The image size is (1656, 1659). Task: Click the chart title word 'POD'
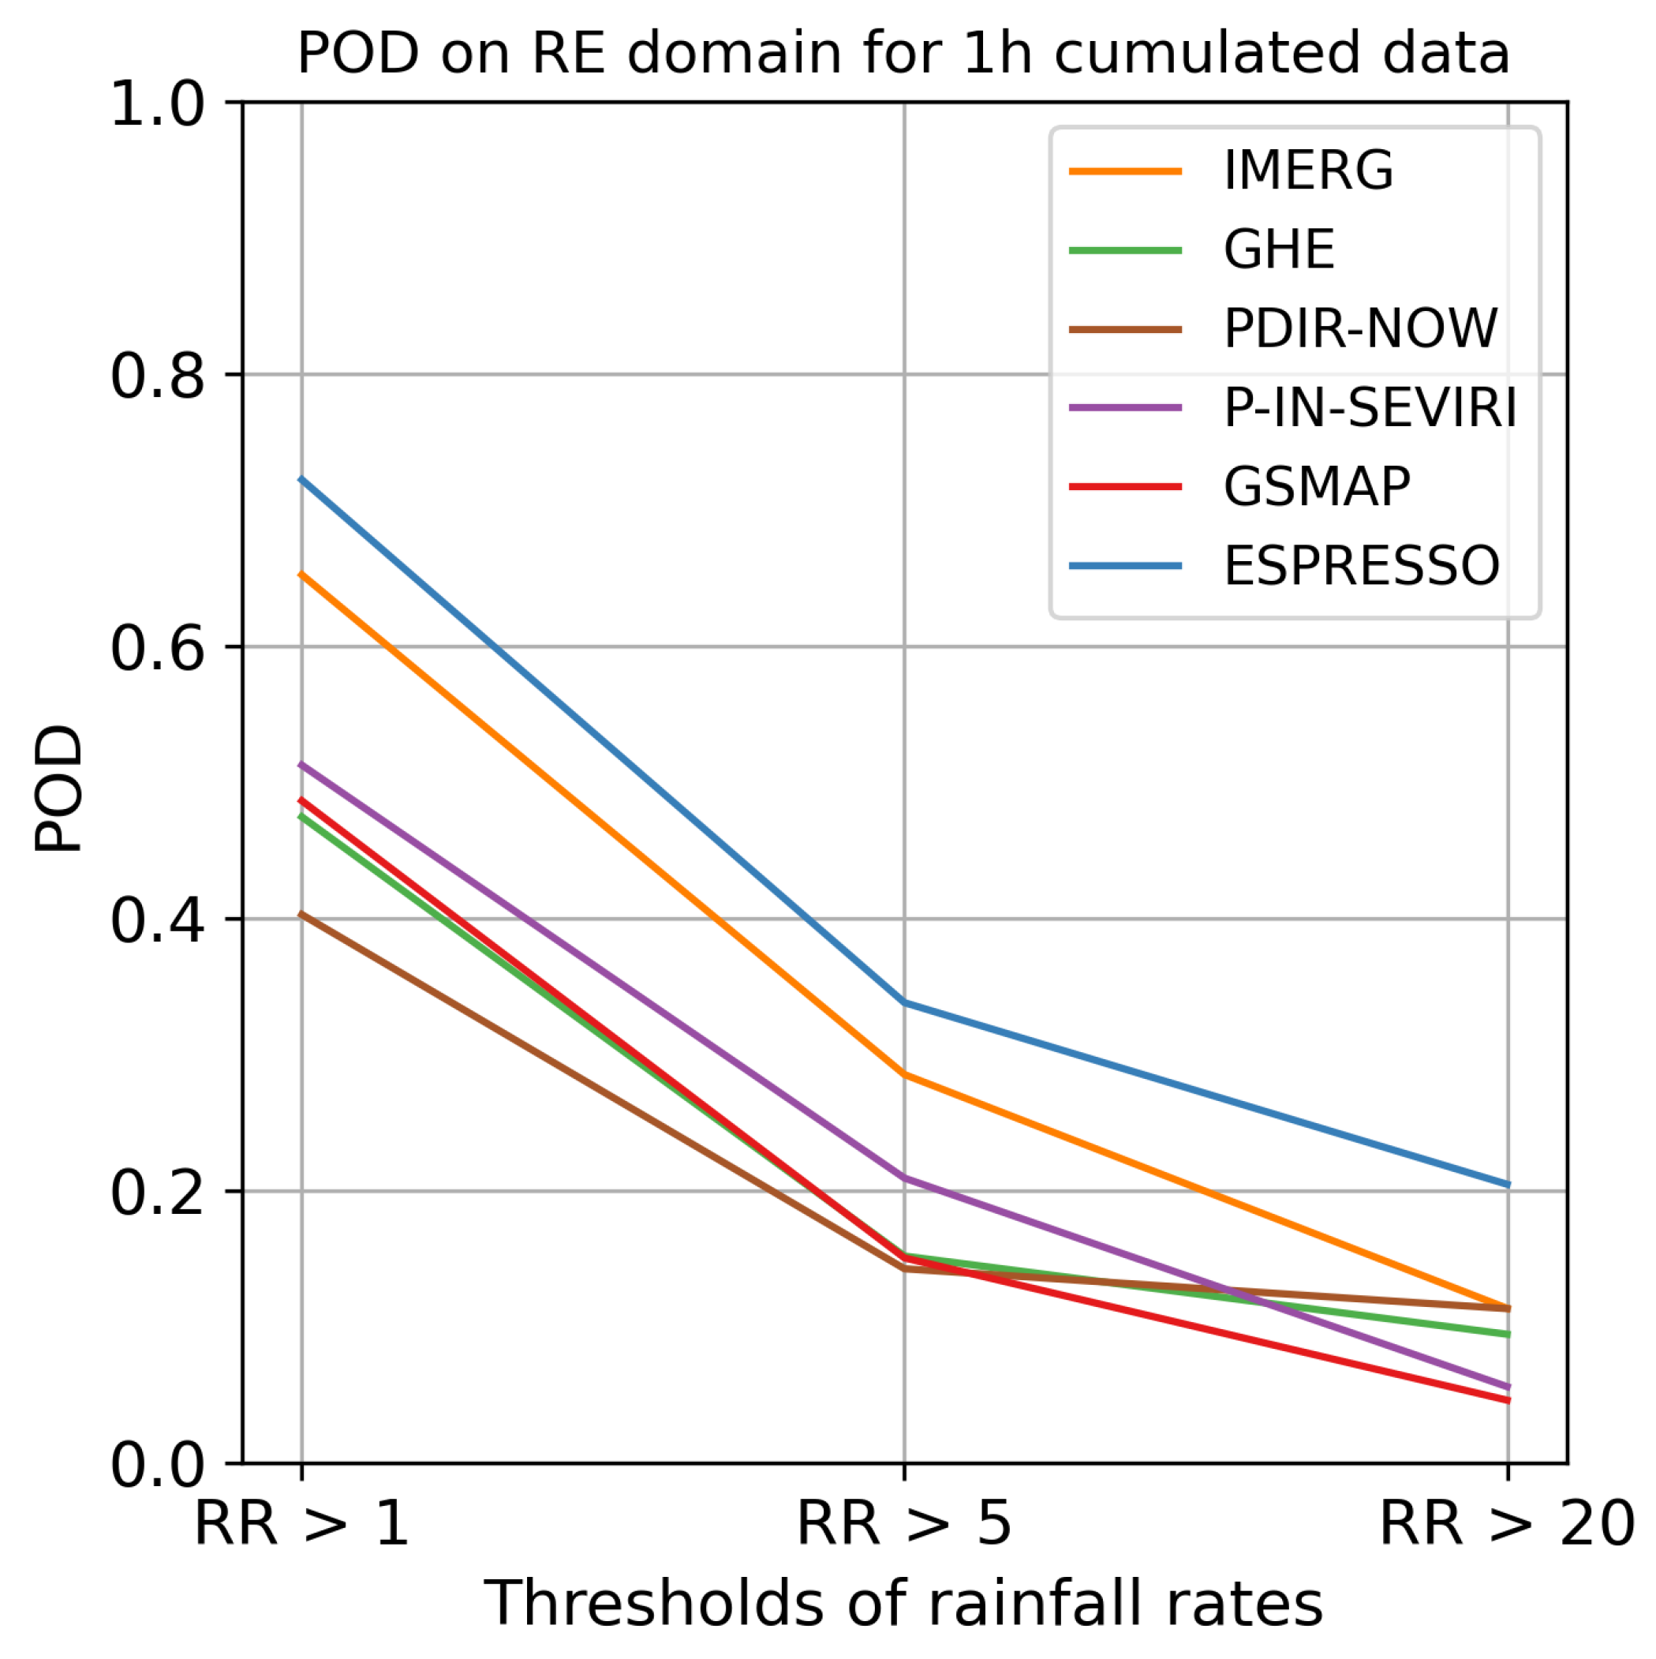(x=358, y=53)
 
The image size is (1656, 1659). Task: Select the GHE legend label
(x=1278, y=249)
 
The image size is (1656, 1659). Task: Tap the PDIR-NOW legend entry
(x=1360, y=328)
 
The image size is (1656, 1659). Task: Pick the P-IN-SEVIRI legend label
(x=1370, y=407)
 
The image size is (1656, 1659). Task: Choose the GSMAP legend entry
(x=1316, y=486)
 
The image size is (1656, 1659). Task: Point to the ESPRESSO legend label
(x=1361, y=565)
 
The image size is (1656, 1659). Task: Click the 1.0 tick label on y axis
(x=158, y=106)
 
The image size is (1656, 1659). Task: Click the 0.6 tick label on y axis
(x=158, y=648)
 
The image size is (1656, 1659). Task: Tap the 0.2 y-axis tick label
(x=158, y=1193)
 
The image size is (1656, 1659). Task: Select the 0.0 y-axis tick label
(x=158, y=1465)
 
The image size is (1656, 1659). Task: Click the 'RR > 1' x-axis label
(x=301, y=1524)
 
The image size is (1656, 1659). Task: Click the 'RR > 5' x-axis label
(x=904, y=1524)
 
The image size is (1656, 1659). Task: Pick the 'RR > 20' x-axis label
(x=1507, y=1524)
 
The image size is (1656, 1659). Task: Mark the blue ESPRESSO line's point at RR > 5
(x=904, y=1002)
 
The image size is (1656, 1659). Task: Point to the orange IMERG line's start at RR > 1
(x=301, y=573)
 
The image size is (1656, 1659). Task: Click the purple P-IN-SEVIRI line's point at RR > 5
(x=904, y=1178)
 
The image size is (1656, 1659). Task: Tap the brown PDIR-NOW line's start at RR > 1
(x=301, y=914)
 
